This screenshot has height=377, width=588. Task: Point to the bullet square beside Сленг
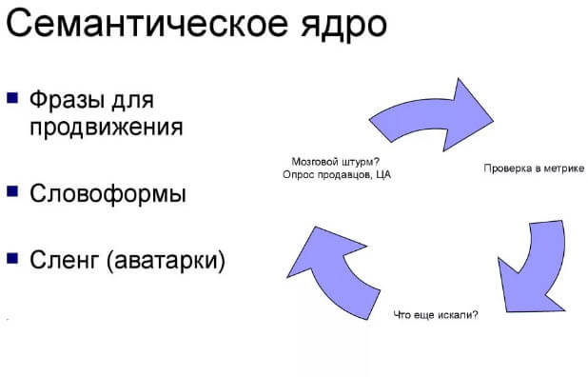click(x=12, y=256)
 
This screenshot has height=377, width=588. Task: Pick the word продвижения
click(x=106, y=127)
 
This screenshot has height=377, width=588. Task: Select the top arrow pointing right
click(x=428, y=115)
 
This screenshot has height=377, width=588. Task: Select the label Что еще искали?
click(x=436, y=314)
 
